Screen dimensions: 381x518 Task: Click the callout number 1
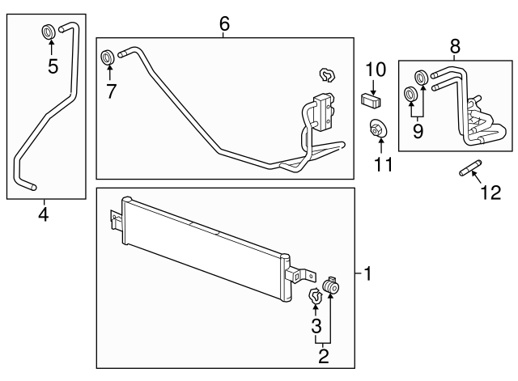coord(367,274)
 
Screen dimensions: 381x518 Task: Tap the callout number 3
coord(316,327)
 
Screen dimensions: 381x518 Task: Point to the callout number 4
coord(43,215)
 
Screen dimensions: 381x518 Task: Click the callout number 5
coord(53,66)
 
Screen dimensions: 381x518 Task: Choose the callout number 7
coord(111,91)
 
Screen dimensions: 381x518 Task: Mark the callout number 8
coord(455,46)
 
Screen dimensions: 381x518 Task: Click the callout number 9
coord(418,129)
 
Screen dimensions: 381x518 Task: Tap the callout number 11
coord(382,164)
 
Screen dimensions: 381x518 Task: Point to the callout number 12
coord(491,193)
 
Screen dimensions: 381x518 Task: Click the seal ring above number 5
coord(49,32)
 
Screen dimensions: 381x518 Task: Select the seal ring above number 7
coord(106,57)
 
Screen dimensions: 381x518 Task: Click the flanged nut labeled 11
coord(378,129)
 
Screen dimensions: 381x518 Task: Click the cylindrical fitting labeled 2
coord(332,287)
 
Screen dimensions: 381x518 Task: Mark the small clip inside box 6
coord(328,75)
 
